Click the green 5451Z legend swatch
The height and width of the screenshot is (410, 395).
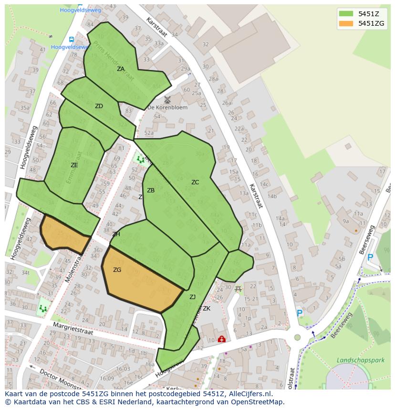click(x=346, y=13)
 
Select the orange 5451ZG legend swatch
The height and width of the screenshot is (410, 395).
click(x=346, y=23)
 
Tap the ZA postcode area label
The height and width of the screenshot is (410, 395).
click(x=121, y=69)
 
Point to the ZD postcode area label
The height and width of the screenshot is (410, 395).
click(x=99, y=106)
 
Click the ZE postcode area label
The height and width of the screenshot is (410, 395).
click(x=74, y=165)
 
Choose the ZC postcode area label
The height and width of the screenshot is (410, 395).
click(x=195, y=182)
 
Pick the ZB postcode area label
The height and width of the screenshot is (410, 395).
click(x=151, y=190)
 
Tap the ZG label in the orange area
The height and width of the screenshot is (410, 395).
click(x=117, y=270)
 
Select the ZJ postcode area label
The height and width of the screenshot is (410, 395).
click(x=192, y=297)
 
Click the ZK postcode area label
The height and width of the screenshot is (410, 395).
click(x=207, y=309)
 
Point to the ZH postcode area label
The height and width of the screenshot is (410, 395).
click(x=116, y=234)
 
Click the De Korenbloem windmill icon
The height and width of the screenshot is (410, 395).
click(x=167, y=100)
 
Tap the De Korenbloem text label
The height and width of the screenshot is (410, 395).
click(x=167, y=108)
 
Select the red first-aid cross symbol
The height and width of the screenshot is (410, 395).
click(x=221, y=339)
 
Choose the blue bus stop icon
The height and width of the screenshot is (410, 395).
click(x=71, y=40)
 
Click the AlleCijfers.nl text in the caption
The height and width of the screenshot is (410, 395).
click(x=248, y=394)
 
